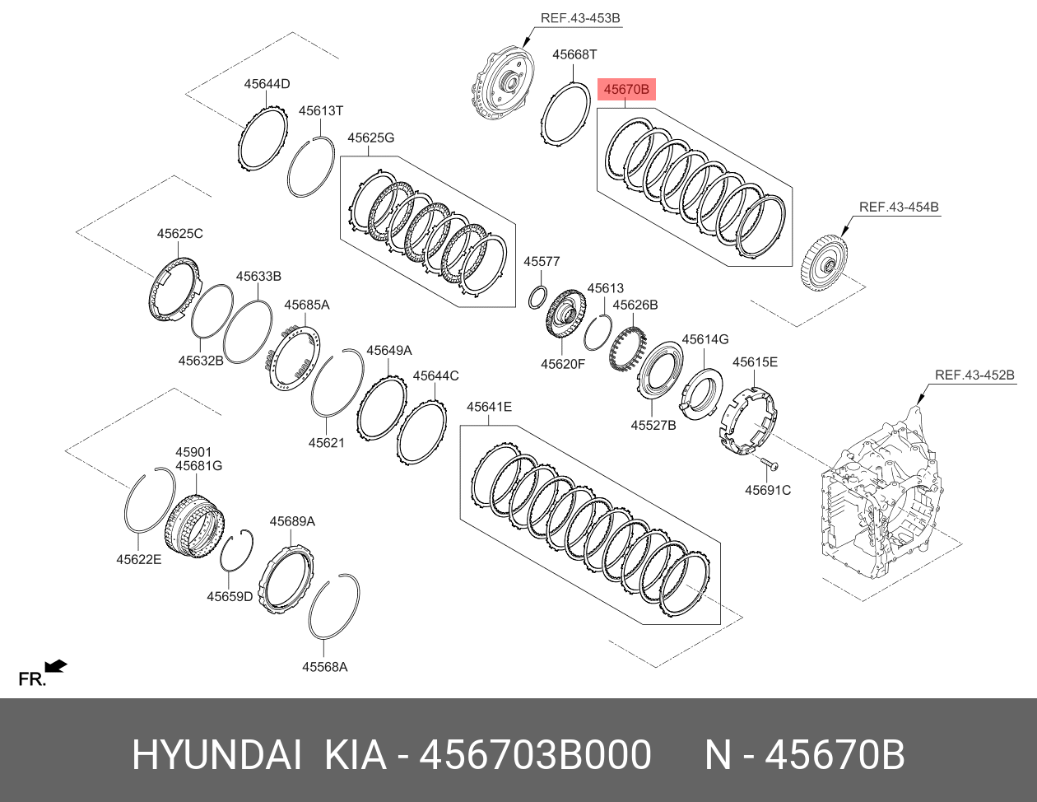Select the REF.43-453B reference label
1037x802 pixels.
pos(580,18)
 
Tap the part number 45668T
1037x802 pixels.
pos(574,54)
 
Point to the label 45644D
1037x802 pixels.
pos(267,84)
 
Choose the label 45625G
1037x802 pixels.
pos(370,138)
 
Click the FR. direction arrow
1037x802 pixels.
pos(55,665)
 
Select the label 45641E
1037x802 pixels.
pos(489,407)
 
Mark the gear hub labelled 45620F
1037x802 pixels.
pos(565,315)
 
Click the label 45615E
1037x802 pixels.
pos(755,361)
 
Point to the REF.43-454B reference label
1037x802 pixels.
pos(899,207)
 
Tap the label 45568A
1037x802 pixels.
pos(324,667)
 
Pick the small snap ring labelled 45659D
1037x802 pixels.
pos(237,550)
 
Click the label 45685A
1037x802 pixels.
pos(306,305)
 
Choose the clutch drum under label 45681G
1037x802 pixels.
pos(194,525)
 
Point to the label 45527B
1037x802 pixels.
pos(653,425)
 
